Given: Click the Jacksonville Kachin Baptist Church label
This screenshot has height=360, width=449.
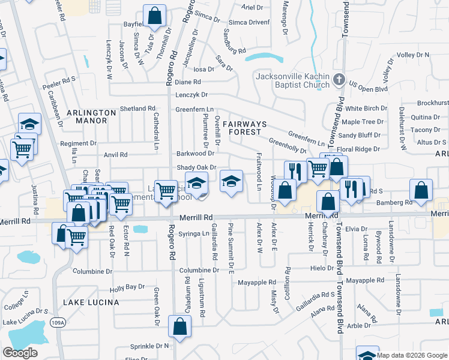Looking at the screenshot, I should click(293, 80).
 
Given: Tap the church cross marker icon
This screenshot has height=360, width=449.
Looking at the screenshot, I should click(339, 79).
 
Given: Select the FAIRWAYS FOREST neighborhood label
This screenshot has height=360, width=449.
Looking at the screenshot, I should click(243, 127).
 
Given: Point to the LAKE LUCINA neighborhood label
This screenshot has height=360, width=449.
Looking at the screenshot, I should click(91, 302).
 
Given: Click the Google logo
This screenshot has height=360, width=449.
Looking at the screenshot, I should click(20, 353).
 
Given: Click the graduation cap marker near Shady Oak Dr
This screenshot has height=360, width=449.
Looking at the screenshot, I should click(231, 182).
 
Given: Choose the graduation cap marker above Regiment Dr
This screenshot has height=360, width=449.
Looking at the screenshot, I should click(29, 124).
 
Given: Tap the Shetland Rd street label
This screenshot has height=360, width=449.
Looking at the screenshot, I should click(137, 109).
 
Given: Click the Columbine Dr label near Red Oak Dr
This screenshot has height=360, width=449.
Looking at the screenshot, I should click(92, 271).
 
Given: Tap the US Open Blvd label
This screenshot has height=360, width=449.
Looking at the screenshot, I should click(369, 86).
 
